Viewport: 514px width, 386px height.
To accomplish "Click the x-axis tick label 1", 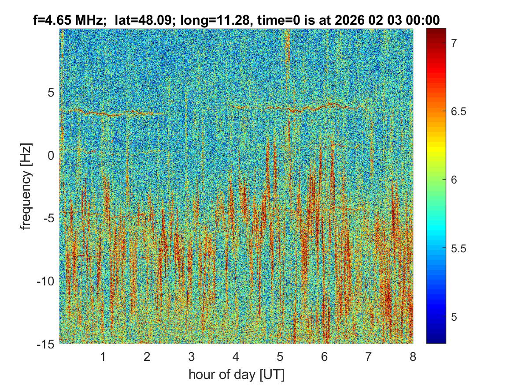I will click(103, 356).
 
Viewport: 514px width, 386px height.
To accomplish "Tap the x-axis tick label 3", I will click(191, 356).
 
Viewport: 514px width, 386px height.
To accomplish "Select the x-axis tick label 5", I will click(280, 356).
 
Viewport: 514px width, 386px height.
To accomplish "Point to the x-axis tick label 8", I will click(413, 356).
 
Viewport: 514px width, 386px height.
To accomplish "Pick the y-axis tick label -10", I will click(46, 281).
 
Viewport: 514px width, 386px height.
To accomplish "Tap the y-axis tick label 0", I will click(51, 155).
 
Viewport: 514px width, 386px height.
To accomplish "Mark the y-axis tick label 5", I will click(51, 93).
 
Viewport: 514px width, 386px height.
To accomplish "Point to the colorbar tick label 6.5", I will click(458, 111).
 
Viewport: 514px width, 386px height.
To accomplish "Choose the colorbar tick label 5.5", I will click(458, 248).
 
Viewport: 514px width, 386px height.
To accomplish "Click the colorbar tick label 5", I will click(454, 317).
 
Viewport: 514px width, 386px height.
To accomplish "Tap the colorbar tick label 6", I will click(454, 180).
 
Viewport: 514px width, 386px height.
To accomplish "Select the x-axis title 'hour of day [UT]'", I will click(237, 375).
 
